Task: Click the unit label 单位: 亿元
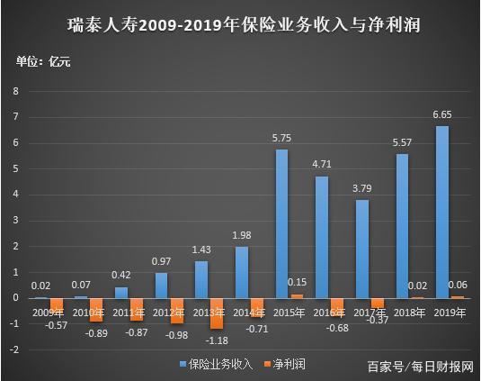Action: (x=43, y=61)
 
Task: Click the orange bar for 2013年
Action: (x=216, y=313)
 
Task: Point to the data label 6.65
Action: (x=442, y=115)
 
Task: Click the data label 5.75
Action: (x=282, y=139)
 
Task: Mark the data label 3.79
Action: (x=361, y=189)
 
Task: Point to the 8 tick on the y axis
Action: (x=15, y=91)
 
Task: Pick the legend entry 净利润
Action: (x=286, y=365)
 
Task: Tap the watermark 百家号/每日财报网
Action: (x=421, y=366)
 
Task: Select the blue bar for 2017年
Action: (x=361, y=249)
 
